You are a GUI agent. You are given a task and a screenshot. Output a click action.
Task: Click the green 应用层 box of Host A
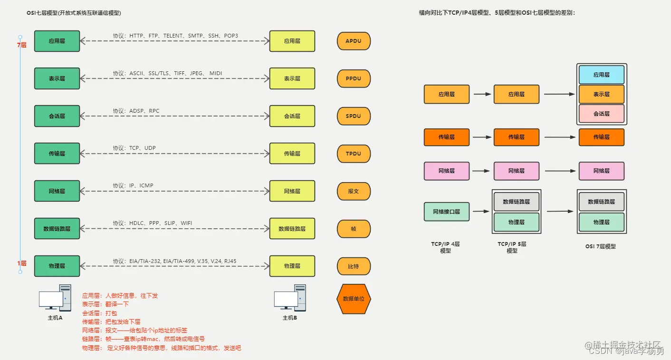tap(57, 41)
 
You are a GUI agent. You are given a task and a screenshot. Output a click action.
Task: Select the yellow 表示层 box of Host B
tap(292, 78)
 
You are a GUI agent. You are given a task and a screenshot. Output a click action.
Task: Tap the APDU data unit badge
tap(354, 41)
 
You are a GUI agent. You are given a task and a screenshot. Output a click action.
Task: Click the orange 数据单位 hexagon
tap(353, 299)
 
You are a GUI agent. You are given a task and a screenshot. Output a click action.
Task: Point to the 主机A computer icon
tap(55, 298)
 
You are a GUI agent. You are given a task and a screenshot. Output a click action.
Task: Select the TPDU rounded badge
tap(354, 154)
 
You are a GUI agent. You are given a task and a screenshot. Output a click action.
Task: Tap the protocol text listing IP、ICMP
tap(133, 185)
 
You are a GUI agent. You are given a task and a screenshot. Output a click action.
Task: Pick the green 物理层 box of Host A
tap(57, 266)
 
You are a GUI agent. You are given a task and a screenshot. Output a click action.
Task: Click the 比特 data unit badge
tap(354, 266)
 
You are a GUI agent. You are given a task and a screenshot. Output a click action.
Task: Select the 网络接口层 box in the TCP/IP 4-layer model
tap(446, 212)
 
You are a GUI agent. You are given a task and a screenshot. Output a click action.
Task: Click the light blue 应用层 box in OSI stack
tap(601, 75)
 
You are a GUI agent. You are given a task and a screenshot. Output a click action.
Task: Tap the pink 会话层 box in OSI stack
tap(601, 114)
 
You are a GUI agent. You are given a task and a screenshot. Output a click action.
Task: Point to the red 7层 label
tap(21, 45)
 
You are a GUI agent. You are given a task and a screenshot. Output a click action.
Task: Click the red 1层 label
tap(21, 263)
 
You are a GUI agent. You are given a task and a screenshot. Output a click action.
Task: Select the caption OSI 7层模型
tap(601, 246)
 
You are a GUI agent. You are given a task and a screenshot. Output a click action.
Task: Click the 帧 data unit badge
tap(354, 229)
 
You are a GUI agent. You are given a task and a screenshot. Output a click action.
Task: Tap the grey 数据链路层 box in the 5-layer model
tap(516, 202)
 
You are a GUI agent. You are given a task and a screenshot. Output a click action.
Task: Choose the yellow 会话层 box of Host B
tap(292, 116)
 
